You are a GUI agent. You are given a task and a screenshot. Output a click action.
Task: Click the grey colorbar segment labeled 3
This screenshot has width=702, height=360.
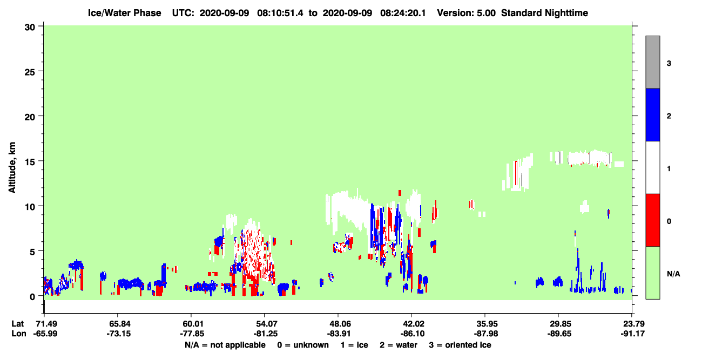(x=652, y=62)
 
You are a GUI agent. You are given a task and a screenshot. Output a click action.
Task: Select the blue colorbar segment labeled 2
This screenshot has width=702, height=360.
(x=652, y=114)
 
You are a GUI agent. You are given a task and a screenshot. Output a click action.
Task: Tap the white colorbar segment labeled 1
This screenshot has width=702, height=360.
(x=652, y=167)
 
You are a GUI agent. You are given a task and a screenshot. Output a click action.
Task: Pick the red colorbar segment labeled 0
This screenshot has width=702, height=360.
(x=652, y=220)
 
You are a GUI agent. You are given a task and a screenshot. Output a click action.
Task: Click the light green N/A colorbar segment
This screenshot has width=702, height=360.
(x=652, y=273)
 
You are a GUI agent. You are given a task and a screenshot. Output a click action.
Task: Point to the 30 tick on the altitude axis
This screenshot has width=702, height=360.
(x=30, y=28)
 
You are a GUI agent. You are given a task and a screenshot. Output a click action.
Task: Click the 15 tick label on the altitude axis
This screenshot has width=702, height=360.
(x=30, y=161)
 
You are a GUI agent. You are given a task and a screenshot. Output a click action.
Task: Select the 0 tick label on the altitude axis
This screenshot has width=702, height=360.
(x=32, y=296)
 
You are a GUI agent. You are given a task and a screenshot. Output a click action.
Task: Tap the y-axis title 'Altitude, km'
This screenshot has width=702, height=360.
(x=12, y=168)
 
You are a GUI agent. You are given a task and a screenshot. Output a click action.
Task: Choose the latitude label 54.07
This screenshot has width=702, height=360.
(x=265, y=324)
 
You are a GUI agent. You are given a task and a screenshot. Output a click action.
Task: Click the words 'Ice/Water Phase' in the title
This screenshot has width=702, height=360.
(x=124, y=13)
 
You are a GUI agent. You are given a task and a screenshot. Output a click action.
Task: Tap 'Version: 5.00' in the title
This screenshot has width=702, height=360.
(x=467, y=13)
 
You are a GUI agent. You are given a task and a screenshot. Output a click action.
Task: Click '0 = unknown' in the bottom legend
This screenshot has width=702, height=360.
(x=303, y=345)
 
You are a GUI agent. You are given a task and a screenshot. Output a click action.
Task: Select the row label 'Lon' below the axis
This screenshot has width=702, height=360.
(x=19, y=334)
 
